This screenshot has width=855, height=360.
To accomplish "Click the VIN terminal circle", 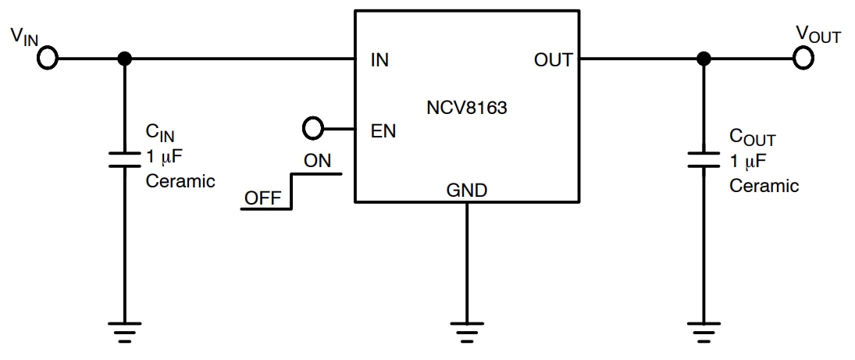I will click(48, 59).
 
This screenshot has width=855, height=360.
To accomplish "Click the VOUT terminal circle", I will click(803, 58).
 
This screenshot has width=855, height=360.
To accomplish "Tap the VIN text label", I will click(23, 36).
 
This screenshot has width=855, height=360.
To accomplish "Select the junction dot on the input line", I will click(123, 59).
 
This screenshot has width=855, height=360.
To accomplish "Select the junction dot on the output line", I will click(704, 59).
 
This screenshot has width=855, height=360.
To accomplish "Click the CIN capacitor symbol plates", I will click(123, 159).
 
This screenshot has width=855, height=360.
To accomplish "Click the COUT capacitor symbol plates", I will click(704, 159).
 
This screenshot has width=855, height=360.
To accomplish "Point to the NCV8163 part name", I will click(466, 109).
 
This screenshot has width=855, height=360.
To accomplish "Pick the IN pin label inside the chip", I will click(380, 60).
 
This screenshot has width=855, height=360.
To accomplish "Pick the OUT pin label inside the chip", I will click(553, 60).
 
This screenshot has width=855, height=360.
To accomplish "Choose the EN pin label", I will click(383, 131).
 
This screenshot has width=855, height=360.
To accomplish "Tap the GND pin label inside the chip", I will click(466, 190).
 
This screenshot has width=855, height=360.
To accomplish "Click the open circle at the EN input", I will click(312, 127).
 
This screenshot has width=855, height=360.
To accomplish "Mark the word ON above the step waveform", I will click(317, 161).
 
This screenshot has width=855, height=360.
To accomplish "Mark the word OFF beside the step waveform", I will click(262, 198).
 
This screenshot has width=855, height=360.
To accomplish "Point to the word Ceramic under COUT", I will click(764, 186).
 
